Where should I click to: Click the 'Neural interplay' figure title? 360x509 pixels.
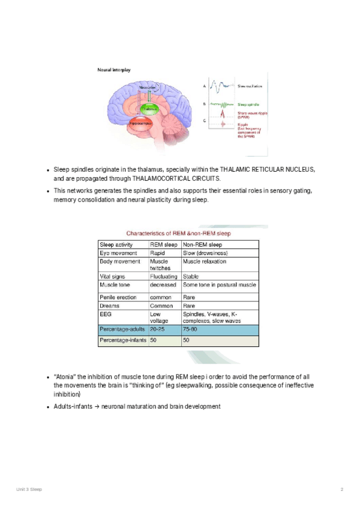tap(114, 70)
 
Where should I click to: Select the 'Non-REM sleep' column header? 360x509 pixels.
tap(202, 245)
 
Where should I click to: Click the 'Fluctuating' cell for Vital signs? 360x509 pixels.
tap(163, 276)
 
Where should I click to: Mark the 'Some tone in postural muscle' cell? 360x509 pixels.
tap(219, 285)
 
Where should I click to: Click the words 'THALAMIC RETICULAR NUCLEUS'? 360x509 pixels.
tap(267, 170)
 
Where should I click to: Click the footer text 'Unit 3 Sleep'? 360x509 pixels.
tap(29, 490)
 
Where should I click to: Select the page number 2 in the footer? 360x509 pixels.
tap(341, 490)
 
